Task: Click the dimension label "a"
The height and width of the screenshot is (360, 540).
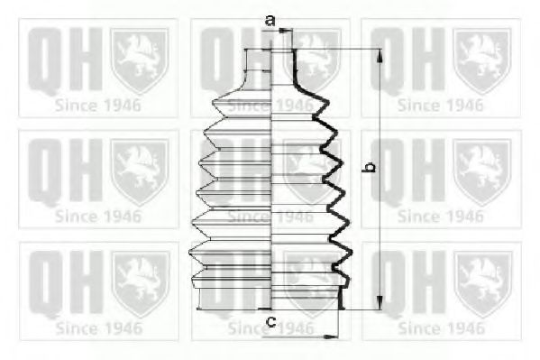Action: (269, 19)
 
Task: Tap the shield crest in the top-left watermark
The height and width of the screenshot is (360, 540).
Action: (139, 60)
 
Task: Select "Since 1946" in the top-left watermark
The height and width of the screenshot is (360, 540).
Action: (98, 105)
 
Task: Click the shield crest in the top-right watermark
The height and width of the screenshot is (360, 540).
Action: (481, 60)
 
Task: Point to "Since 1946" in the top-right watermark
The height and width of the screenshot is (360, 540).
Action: (440, 105)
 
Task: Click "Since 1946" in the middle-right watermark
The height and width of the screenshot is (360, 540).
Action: (440, 217)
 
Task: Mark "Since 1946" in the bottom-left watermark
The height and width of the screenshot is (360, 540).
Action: (98, 328)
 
